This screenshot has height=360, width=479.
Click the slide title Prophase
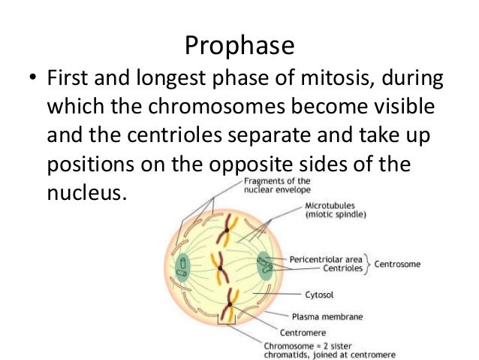239,47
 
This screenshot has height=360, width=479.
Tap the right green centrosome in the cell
265,266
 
